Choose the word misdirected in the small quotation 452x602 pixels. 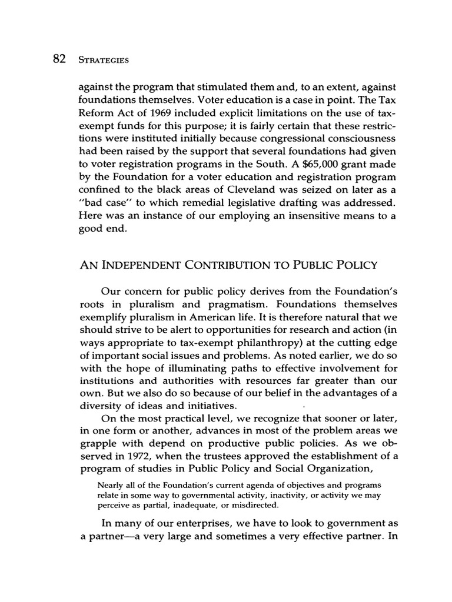point(238,505)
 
